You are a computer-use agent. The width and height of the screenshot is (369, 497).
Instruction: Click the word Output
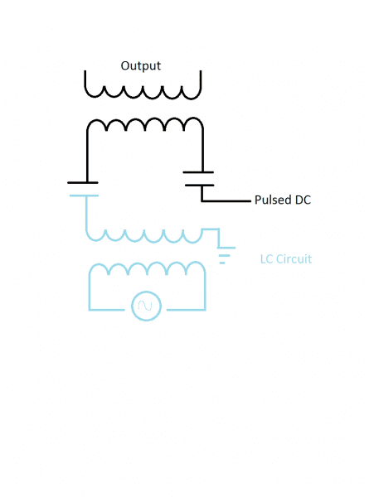pos(141,66)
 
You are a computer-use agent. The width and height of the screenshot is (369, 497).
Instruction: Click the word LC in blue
pos(266,259)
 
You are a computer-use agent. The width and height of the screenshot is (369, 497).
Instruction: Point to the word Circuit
pos(294,259)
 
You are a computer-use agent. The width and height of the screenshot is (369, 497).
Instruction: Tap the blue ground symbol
pos(226,255)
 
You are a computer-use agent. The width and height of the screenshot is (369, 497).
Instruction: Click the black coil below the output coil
pos(145,119)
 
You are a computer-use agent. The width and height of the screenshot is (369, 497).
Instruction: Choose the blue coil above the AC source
pos(148,263)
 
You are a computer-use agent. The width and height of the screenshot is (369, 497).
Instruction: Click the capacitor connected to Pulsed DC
pos(199,179)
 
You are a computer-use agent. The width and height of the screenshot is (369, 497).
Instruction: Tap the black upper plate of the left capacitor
pos(83,182)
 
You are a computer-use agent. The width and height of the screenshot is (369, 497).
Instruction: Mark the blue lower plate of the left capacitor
pos(84,195)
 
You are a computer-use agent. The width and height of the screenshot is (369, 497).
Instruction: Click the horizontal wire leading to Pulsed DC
pos(226,200)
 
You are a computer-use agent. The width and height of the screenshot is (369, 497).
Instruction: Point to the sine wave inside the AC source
pos(145,306)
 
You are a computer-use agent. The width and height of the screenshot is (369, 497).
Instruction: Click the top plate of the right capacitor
pos(198,172)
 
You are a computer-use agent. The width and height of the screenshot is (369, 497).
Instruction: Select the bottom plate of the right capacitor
pos(200,185)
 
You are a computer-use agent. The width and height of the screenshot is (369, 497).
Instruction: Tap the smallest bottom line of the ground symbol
pos(222,263)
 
